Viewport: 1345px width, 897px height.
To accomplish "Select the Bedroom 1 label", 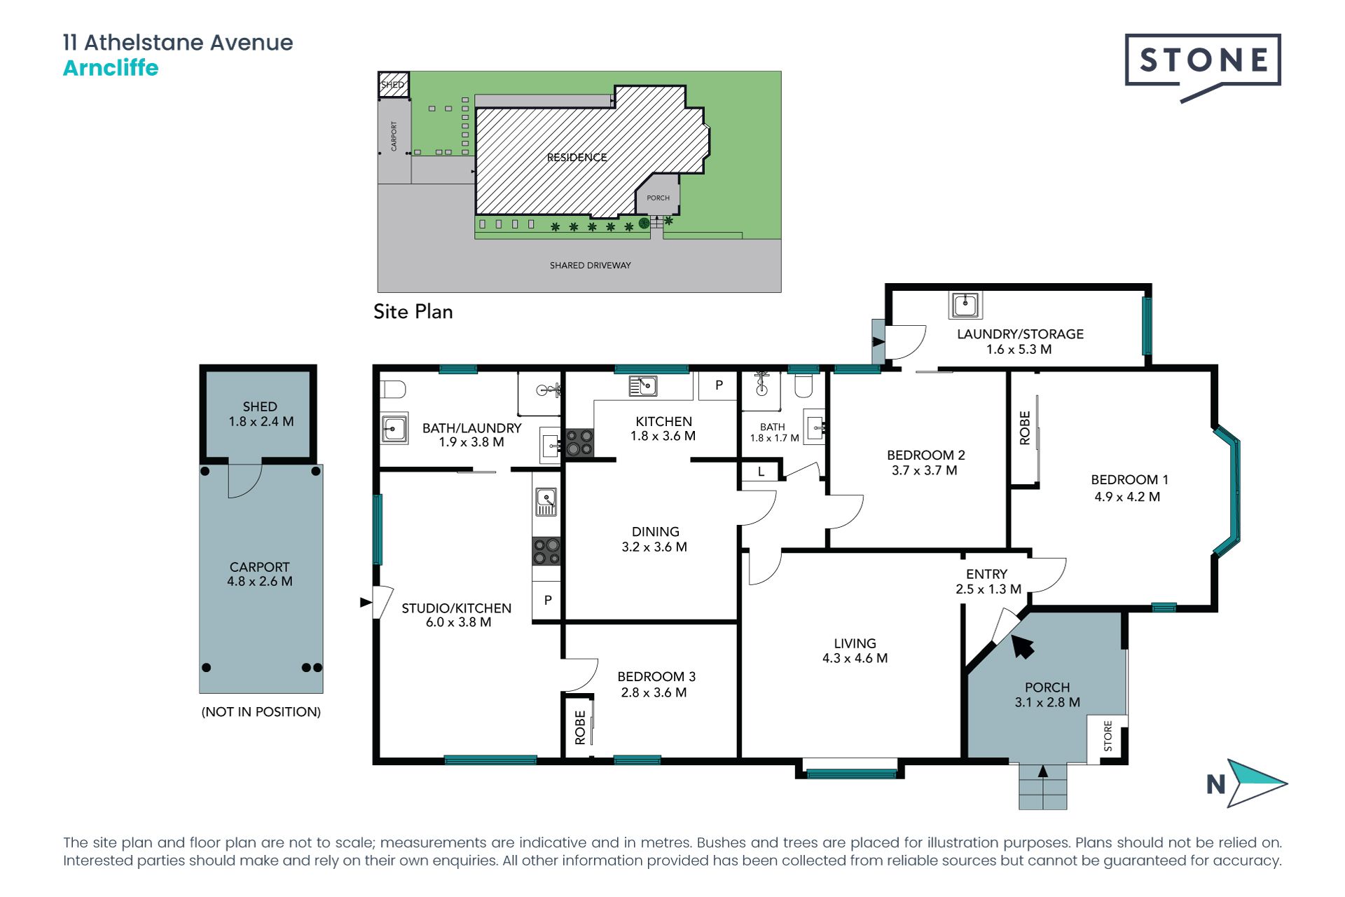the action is tap(1129, 480).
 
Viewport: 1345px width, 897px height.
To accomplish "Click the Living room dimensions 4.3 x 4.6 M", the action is tap(855, 659).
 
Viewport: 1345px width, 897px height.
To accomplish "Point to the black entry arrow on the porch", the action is tap(1022, 647).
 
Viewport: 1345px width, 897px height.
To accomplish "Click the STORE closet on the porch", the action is tap(1108, 738).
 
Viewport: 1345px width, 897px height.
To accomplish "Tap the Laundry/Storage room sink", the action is tap(965, 305).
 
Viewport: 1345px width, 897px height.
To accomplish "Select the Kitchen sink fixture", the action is tap(642, 385).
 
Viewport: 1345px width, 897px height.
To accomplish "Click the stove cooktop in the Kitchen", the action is tap(579, 443).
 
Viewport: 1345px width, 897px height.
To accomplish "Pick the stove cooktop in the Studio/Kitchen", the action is tap(546, 551).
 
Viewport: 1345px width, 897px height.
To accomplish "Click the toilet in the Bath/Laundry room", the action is tap(393, 389).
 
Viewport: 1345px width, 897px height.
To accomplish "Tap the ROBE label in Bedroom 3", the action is tap(580, 727).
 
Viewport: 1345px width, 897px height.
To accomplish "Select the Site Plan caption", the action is tap(413, 312).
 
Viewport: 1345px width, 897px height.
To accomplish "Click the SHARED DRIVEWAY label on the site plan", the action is tap(591, 266).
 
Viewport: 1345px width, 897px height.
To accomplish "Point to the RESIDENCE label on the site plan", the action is tap(577, 158).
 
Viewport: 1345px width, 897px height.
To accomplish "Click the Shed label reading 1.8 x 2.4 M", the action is tap(261, 422).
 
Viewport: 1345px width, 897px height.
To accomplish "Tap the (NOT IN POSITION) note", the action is tap(261, 712).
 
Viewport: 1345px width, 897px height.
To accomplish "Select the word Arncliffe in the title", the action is tap(111, 68).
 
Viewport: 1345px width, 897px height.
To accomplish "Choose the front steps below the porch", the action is tap(1043, 786).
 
